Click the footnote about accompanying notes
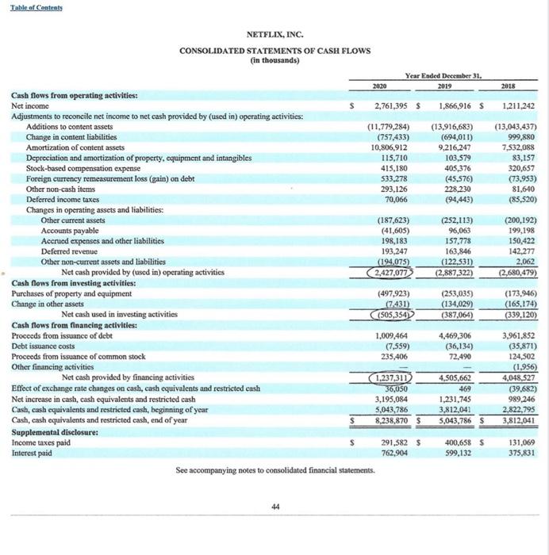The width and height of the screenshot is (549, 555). coord(274,471)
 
